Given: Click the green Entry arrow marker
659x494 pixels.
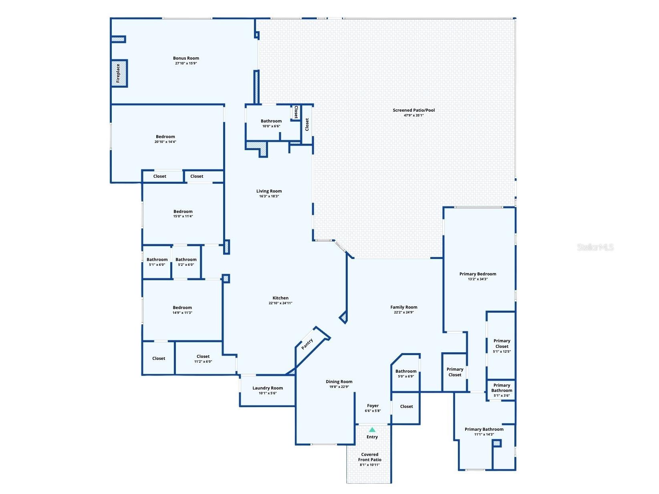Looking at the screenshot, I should (x=372, y=430).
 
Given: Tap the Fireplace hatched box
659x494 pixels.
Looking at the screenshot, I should (x=119, y=73).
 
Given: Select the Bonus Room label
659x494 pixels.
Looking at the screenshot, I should (x=186, y=58).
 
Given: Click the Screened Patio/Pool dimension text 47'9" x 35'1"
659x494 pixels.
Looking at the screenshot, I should (x=413, y=115).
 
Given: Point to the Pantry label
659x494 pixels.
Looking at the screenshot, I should (x=307, y=344).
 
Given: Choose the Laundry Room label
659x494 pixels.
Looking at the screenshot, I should (x=268, y=388).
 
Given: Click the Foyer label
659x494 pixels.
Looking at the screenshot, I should (x=373, y=406).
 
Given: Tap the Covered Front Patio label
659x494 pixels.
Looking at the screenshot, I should (x=369, y=457).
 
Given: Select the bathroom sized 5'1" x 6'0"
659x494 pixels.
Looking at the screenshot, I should (x=157, y=262).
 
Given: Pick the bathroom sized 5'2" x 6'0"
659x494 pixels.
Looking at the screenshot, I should (x=186, y=262).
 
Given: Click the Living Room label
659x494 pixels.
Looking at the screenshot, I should (x=269, y=191).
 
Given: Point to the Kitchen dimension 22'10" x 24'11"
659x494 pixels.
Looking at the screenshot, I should (x=280, y=303).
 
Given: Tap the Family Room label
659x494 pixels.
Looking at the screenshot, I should (x=403, y=307).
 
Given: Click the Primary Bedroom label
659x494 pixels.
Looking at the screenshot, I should (x=478, y=274).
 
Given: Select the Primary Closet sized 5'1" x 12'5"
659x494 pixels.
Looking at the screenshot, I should (x=502, y=346).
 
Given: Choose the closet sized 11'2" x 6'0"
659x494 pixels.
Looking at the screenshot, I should (x=203, y=359).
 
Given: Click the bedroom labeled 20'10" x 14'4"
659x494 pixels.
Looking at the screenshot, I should (x=165, y=139).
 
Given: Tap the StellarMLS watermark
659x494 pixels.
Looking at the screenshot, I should (x=595, y=247).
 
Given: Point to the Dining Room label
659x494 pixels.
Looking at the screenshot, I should (x=339, y=382).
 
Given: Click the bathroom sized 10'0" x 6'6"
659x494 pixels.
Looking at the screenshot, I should (x=271, y=123).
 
